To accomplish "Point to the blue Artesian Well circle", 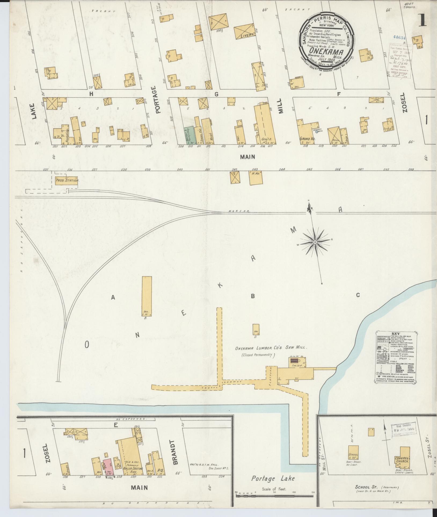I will (317, 132).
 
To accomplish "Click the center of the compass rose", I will (315, 242).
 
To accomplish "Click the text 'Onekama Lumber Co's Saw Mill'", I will (271, 348).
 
